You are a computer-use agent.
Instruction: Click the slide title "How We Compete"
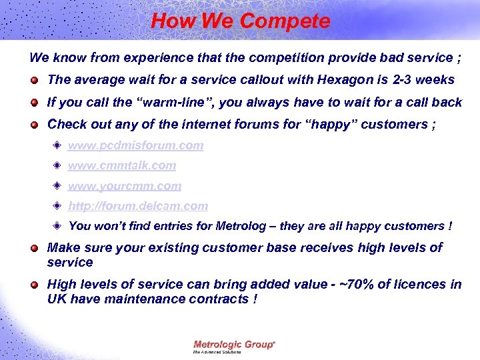(x=240, y=21)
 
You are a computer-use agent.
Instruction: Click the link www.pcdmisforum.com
(x=135, y=145)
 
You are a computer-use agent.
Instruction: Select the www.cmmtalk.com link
(x=122, y=165)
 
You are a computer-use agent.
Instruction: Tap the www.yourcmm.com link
(x=125, y=186)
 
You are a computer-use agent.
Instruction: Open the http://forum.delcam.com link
(x=138, y=206)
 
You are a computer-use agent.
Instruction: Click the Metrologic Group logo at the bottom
(x=234, y=345)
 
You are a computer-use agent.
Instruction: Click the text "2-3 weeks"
(x=424, y=80)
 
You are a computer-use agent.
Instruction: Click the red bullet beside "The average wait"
(x=33, y=81)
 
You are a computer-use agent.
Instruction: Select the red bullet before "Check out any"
(x=33, y=125)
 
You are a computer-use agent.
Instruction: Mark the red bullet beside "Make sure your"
(x=33, y=249)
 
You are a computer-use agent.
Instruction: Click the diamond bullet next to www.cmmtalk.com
(x=59, y=165)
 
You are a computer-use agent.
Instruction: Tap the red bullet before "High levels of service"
(x=33, y=285)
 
